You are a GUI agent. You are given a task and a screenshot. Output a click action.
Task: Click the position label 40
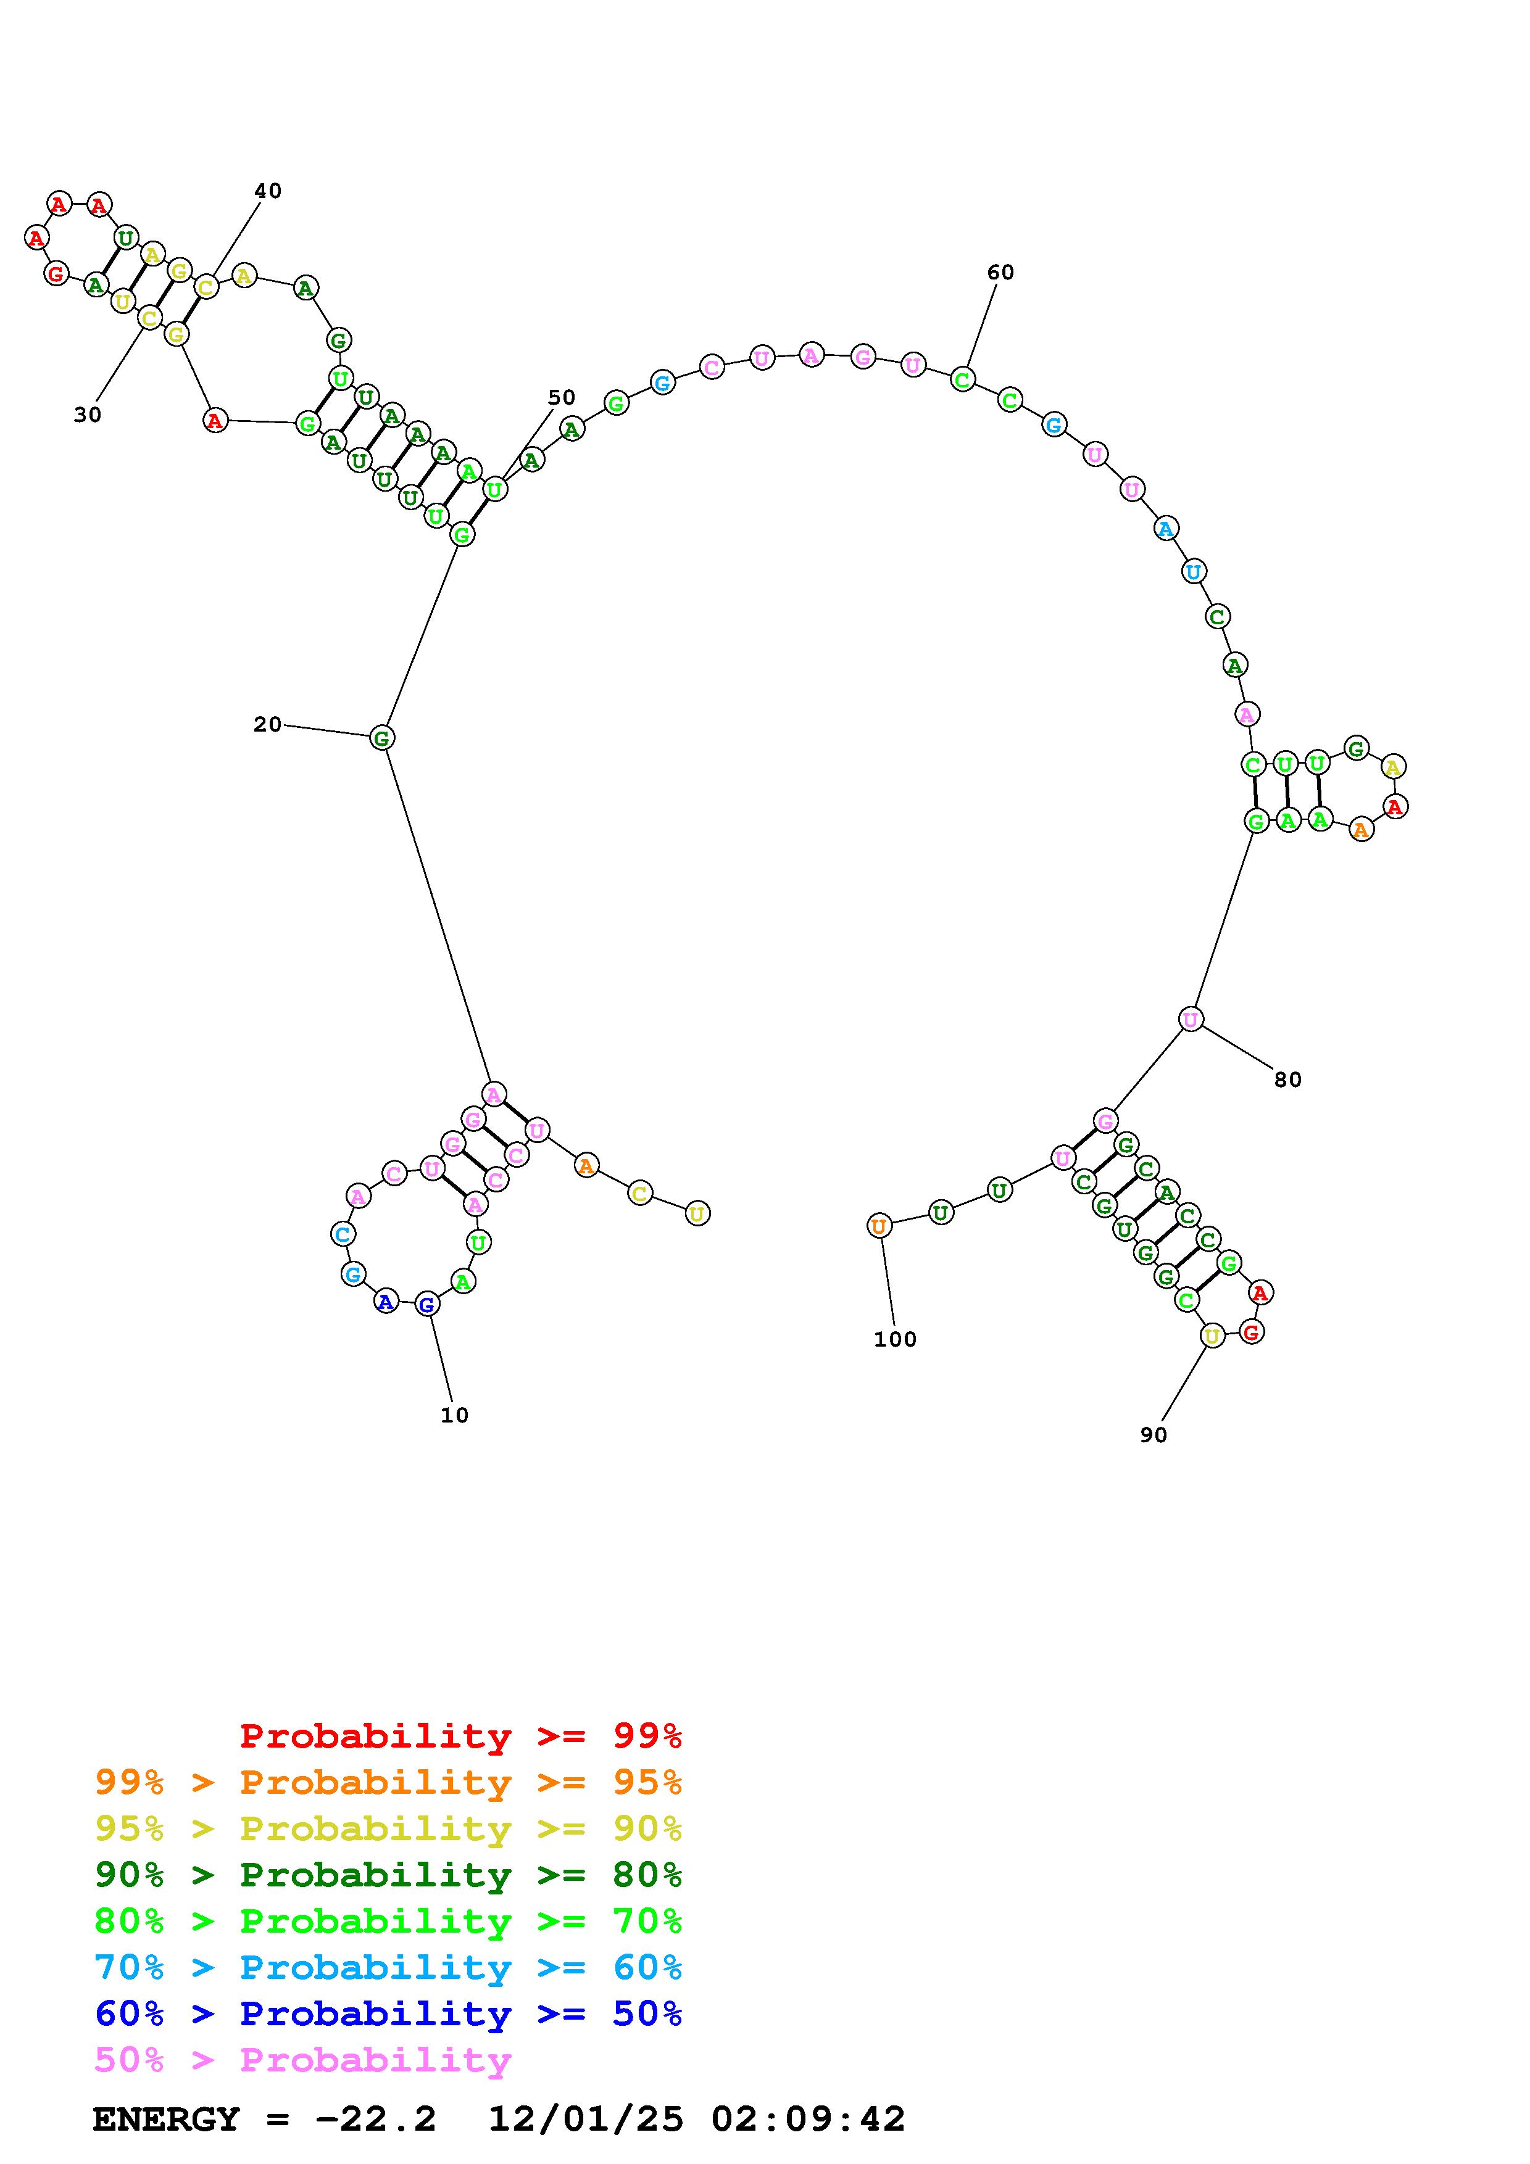pyautogui.click(x=268, y=191)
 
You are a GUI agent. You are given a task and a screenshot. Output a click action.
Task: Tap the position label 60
pyautogui.click(x=1000, y=273)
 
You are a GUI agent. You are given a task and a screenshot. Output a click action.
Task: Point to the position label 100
pyautogui.click(x=895, y=1339)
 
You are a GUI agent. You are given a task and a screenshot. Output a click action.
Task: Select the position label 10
pyautogui.click(x=454, y=1414)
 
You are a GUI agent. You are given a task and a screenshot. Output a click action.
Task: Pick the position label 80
pyautogui.click(x=1287, y=1080)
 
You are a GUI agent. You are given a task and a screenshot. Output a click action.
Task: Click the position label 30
pyautogui.click(x=88, y=415)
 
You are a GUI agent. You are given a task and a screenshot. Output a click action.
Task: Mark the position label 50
pyautogui.click(x=561, y=398)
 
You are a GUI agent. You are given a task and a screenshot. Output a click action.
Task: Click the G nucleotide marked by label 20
pyautogui.click(x=381, y=737)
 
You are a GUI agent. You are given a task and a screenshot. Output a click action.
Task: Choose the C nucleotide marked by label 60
pyautogui.click(x=962, y=380)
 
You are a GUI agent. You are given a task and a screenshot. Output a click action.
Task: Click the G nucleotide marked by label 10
pyautogui.click(x=427, y=1305)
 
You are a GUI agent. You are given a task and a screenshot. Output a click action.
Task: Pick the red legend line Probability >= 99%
pyautogui.click(x=461, y=1735)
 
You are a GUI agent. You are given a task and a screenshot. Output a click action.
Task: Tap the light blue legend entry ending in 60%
pyautogui.click(x=388, y=1967)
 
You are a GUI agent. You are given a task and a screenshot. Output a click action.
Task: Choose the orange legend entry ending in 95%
pyautogui.click(x=388, y=1782)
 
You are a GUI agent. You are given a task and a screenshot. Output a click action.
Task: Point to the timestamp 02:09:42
pyautogui.click(x=808, y=2120)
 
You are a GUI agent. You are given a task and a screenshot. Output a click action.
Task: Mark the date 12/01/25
pyautogui.click(x=586, y=2120)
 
